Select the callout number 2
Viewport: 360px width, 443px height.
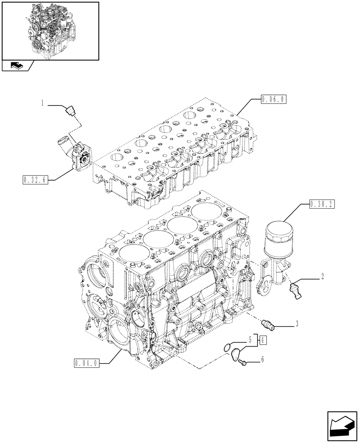(322, 277)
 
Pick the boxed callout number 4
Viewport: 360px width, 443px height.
(263, 340)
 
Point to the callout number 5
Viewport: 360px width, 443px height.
(250, 340)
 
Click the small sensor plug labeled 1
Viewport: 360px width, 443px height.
(70, 110)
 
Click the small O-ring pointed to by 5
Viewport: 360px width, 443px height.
(227, 347)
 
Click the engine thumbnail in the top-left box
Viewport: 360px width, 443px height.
(50, 30)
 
